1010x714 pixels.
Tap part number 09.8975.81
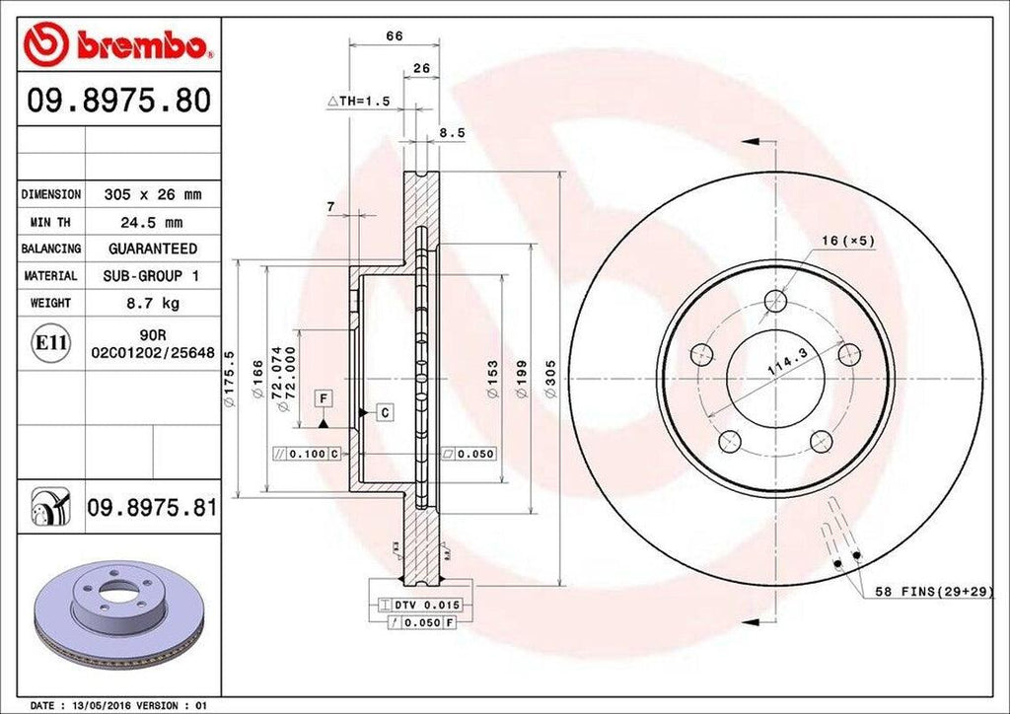152,508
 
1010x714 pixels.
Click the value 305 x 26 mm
152,194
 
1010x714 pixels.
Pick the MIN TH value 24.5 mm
152,222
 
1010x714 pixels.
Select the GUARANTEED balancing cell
152,249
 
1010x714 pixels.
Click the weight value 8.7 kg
152,303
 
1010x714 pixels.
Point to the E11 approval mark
51,343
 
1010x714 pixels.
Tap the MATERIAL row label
50,276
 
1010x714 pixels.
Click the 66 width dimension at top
394,36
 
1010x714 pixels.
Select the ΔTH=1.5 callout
360,102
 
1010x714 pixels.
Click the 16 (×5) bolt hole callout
846,240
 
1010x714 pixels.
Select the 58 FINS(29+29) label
933,591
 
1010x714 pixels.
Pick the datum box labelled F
323,398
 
